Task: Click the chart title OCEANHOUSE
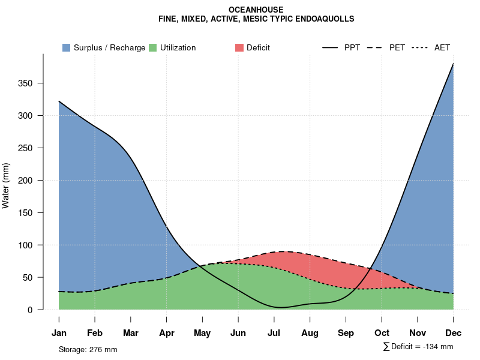click(x=256, y=10)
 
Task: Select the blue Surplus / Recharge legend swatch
click(x=67, y=47)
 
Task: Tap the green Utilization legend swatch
click(x=153, y=47)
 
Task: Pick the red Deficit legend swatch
click(x=239, y=47)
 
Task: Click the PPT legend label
click(x=352, y=47)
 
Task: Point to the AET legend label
click(x=442, y=47)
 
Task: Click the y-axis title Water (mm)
click(x=6, y=185)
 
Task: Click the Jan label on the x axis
click(x=59, y=333)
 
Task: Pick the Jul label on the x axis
click(x=274, y=333)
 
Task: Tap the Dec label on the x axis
click(x=453, y=333)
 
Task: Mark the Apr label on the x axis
click(x=167, y=333)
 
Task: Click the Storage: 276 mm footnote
click(x=88, y=349)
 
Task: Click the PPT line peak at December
click(x=453, y=64)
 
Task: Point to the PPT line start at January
click(x=59, y=101)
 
